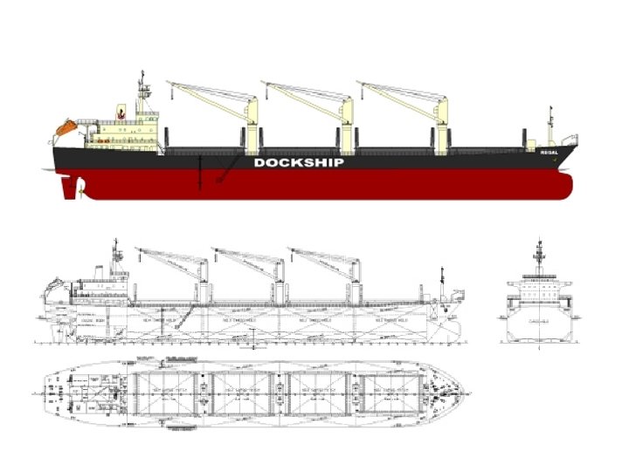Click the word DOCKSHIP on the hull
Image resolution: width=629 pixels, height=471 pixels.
[x=298, y=162]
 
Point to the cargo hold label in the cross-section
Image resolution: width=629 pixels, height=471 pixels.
[x=538, y=321]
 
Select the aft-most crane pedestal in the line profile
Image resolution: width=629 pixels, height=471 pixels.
[x=203, y=279]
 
